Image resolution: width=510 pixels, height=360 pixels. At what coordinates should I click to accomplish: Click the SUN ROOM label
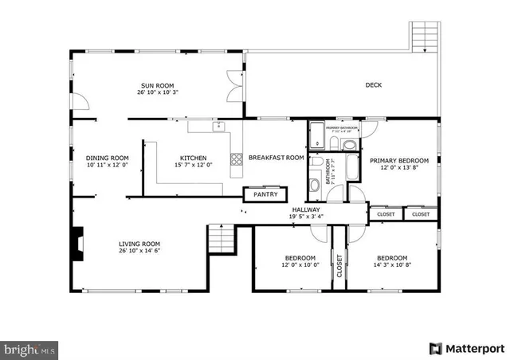tap(158, 86)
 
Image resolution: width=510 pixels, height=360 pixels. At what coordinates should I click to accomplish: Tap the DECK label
tap(374, 85)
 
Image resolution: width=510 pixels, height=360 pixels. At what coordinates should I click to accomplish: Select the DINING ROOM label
tap(107, 158)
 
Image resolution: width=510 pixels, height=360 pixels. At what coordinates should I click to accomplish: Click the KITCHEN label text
tap(193, 158)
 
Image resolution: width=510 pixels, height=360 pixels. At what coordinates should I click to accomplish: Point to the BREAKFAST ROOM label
tap(277, 158)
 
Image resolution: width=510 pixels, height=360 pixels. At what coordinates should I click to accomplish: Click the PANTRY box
tap(265, 194)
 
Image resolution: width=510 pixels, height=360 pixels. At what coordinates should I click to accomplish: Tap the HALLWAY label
tap(306, 209)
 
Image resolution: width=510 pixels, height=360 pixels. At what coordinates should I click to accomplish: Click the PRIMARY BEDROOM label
tap(398, 161)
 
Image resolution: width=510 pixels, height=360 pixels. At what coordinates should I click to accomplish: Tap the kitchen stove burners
tap(237, 160)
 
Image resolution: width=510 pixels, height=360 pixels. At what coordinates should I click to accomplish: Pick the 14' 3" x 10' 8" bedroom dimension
tap(392, 264)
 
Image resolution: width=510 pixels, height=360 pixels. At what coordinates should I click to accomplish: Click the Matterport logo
tap(466, 348)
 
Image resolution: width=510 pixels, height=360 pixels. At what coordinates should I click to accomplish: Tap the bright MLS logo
tap(29, 349)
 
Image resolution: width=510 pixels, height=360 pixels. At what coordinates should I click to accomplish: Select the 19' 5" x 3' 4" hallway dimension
tap(306, 217)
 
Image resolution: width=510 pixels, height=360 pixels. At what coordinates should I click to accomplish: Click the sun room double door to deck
tap(235, 85)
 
